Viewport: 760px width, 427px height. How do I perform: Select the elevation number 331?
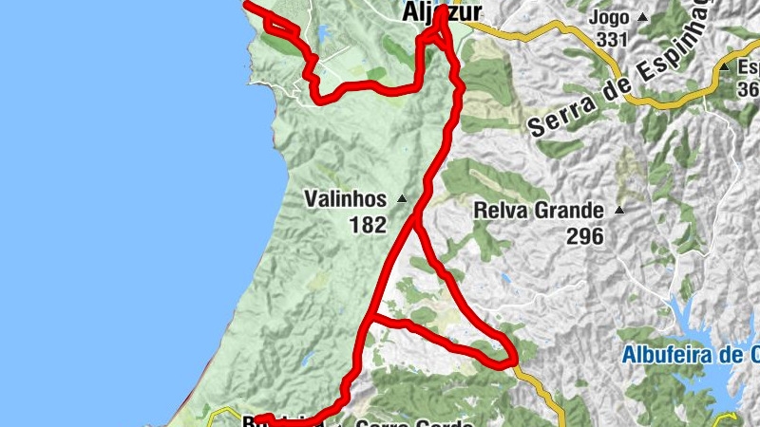click(x=614, y=39)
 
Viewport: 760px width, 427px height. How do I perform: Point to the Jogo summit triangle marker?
click(x=642, y=17)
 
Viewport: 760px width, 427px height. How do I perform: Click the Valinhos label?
click(x=345, y=199)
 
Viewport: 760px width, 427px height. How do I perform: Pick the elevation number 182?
click(x=368, y=225)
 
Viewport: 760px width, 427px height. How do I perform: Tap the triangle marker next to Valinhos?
click(x=401, y=199)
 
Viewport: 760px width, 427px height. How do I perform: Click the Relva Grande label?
click(x=538, y=210)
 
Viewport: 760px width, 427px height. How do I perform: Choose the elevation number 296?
click(x=585, y=236)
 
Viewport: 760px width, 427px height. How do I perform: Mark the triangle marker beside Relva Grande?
click(x=619, y=210)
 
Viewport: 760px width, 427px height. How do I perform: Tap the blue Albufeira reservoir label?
click(x=690, y=356)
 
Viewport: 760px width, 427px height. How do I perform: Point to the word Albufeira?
click(x=665, y=356)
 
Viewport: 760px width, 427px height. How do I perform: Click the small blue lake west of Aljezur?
click(x=322, y=35)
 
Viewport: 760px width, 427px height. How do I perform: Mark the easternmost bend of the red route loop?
click(x=513, y=358)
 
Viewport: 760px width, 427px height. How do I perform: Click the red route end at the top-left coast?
click(x=249, y=5)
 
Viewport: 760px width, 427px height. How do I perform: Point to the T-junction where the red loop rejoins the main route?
click(x=370, y=321)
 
